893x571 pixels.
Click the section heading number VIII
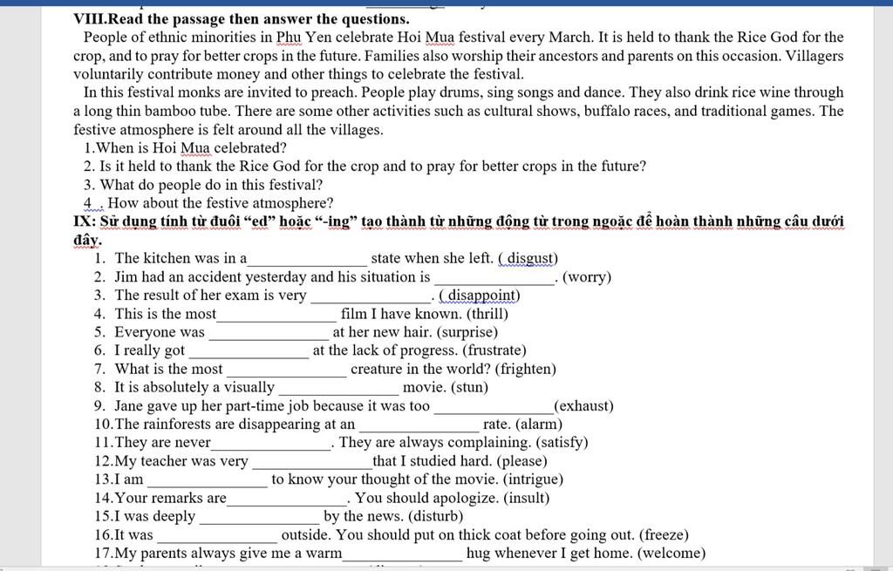[88, 18]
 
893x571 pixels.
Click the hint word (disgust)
[528, 258]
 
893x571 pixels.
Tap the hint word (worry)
[587, 277]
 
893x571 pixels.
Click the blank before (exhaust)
[493, 407]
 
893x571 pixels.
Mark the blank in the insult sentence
[287, 500]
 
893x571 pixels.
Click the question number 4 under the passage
[88, 203]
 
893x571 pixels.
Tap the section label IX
[84, 221]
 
